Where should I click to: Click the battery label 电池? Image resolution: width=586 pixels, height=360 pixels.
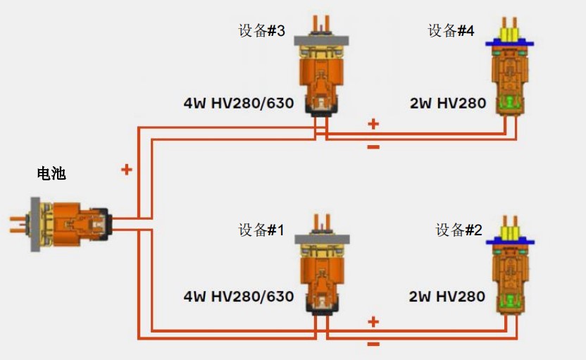coord(51,173)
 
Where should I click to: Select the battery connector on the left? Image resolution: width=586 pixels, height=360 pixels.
coord(63,224)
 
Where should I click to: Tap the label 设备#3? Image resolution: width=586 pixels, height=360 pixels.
coord(262,32)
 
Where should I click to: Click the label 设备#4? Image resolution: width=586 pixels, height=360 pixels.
coord(451,32)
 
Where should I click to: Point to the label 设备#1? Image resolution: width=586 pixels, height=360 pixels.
coord(261,230)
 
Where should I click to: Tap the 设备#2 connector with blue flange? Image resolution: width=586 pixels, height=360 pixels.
coord(510,271)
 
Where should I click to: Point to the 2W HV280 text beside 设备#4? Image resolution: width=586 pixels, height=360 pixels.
coord(448,104)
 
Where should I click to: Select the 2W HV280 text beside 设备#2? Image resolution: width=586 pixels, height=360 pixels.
coord(447,297)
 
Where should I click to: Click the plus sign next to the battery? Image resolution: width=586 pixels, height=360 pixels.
coord(127,169)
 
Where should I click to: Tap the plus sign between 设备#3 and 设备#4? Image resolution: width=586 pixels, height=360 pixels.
coord(373,125)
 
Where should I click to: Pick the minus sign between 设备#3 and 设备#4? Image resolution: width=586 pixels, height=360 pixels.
coord(373,147)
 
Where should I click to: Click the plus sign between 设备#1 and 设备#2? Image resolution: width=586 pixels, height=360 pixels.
coord(373,322)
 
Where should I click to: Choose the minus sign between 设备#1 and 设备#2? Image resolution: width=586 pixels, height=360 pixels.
coord(373,345)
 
